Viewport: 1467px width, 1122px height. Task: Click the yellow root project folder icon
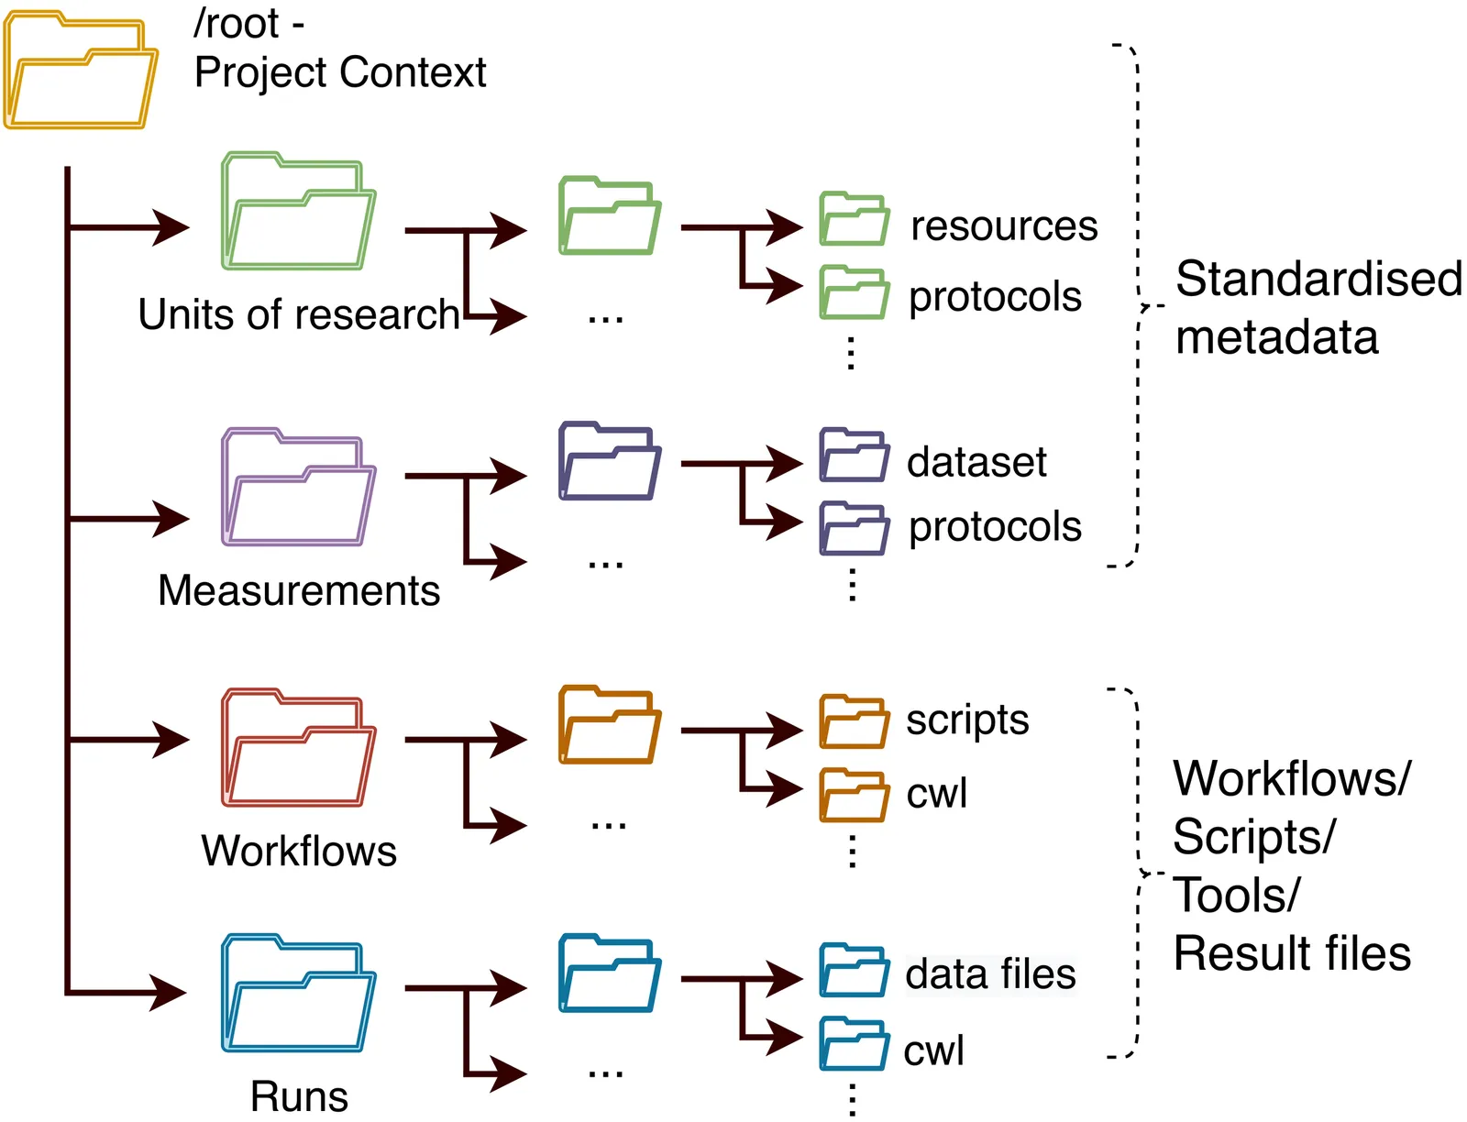81,71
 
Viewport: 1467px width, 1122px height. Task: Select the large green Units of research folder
298,212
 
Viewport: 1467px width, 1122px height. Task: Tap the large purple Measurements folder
298,487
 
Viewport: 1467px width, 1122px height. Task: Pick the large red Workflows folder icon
298,748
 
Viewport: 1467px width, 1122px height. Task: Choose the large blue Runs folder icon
298,994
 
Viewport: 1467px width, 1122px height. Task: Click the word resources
1004,226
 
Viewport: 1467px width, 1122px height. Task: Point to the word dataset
976,462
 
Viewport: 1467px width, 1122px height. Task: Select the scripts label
967,720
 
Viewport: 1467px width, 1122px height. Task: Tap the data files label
990,974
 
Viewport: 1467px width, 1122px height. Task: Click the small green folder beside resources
854,220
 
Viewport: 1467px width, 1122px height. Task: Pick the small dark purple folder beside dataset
854,456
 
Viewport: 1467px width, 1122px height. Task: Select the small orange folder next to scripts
854,722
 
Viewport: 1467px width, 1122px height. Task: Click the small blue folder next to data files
854,971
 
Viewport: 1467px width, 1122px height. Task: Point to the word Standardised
1318,279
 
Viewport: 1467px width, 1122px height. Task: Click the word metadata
1276,337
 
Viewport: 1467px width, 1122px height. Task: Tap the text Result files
1292,953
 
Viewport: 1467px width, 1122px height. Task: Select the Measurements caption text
299,590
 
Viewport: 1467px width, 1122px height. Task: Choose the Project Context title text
340,72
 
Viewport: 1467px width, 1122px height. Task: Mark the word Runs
299,1096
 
